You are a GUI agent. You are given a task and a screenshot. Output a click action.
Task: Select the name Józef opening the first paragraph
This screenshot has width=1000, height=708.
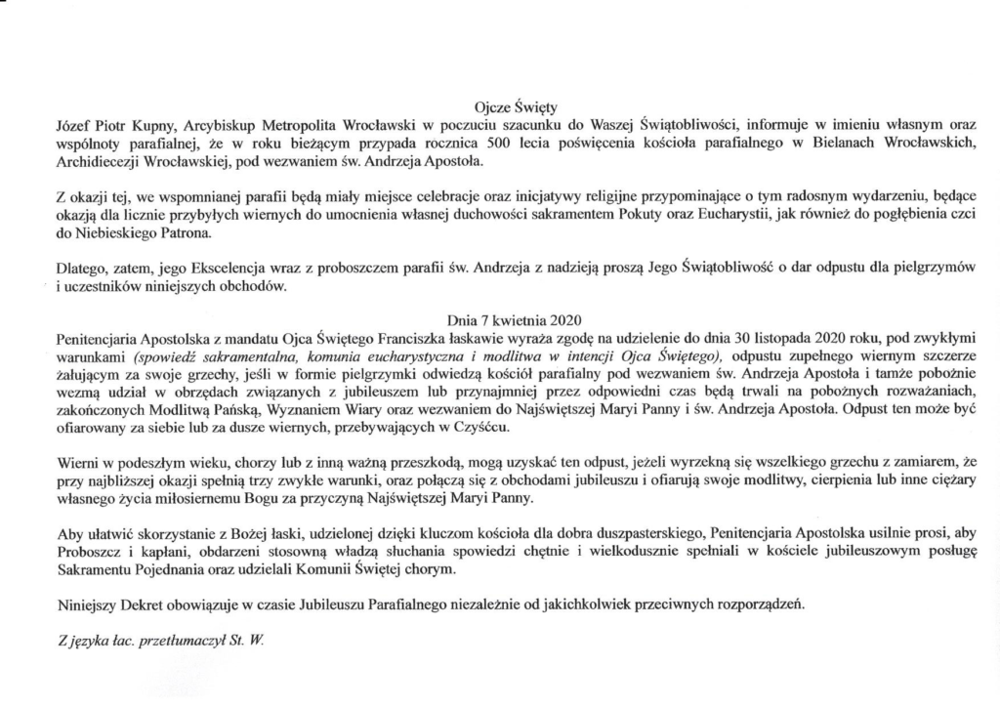click(x=73, y=125)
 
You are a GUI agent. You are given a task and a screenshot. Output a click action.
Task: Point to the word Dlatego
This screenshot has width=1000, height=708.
click(x=79, y=271)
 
